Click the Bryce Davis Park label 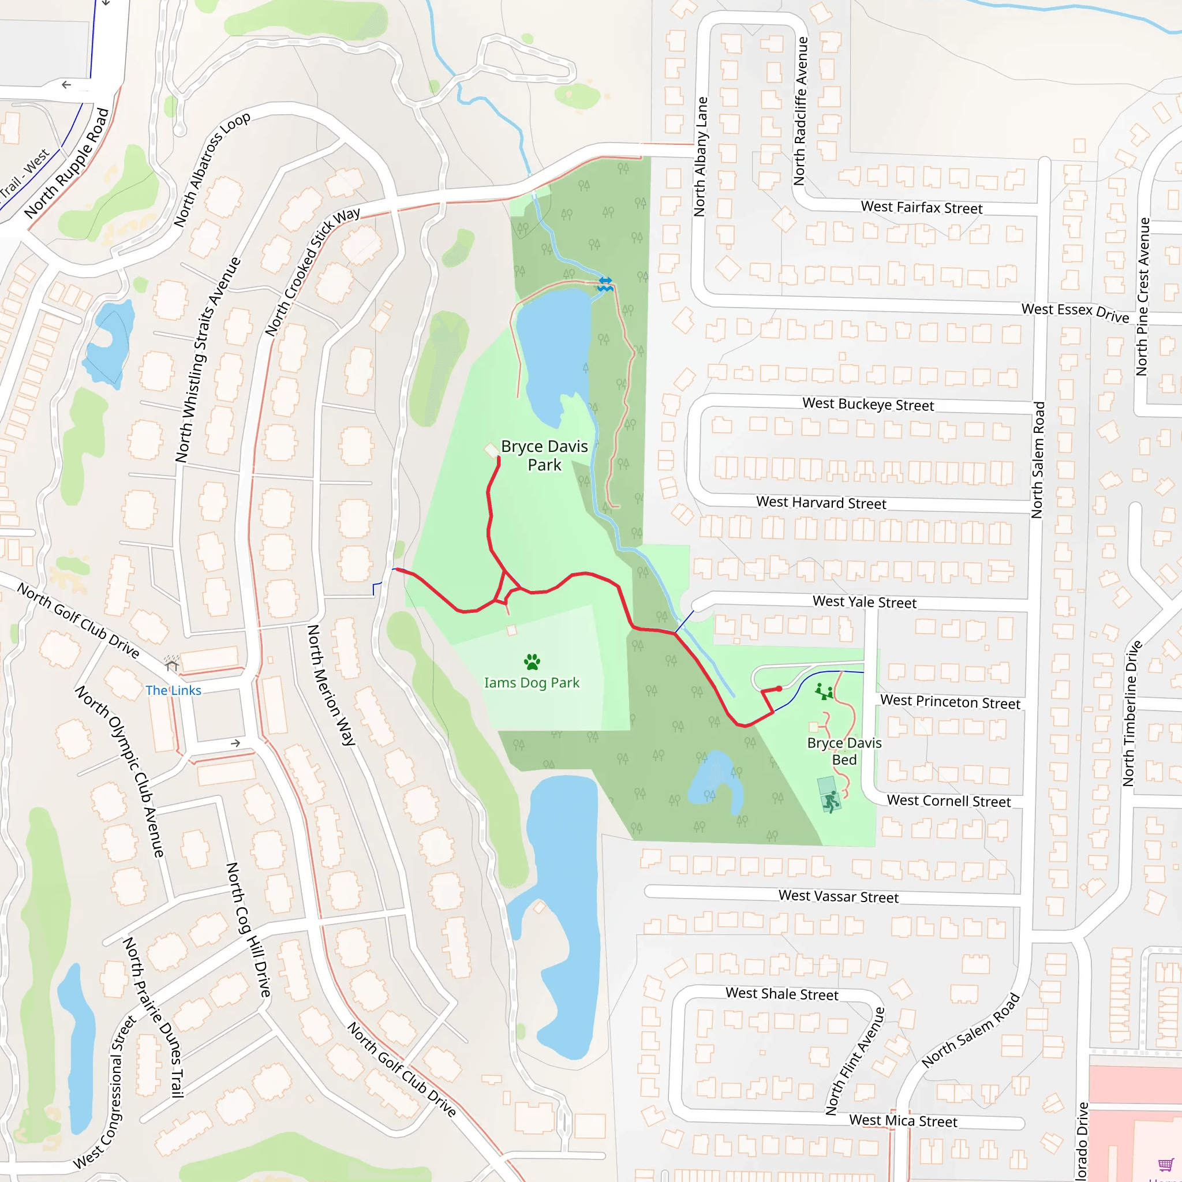coord(544,455)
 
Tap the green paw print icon coord(532,661)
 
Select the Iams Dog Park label coord(531,682)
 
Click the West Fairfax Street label coord(921,207)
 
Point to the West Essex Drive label coord(1075,312)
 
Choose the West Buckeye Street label coord(867,405)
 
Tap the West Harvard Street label coord(821,502)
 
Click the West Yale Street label coord(864,602)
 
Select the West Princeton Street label coord(949,702)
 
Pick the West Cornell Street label coord(948,801)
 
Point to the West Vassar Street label coord(838,896)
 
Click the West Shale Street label coord(781,994)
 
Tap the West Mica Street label coord(903,1121)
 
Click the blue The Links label coord(173,690)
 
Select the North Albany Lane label coord(701,156)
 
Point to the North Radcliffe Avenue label coord(801,111)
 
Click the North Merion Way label coord(330,684)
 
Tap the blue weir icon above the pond coord(605,284)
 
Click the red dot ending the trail coord(779,689)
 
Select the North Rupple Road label coord(67,163)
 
